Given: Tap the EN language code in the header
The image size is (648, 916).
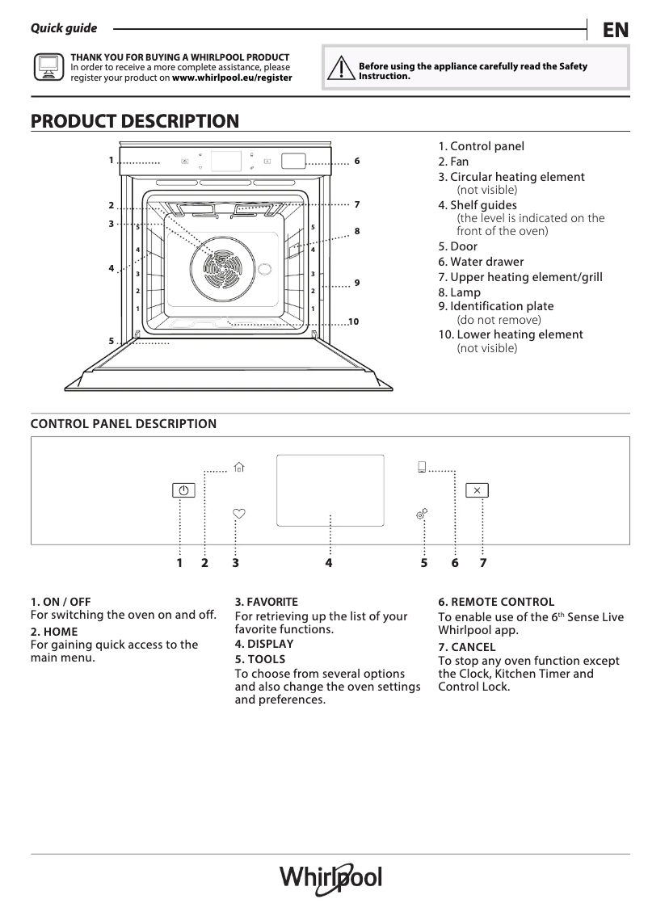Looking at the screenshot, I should [615, 30].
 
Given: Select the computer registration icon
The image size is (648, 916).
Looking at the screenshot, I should [48, 68].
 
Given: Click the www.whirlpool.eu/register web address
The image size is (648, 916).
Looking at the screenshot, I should [232, 78].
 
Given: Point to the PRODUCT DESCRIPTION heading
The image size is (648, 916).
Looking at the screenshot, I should [135, 121].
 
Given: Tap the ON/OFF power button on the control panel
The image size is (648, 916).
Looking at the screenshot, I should [183, 490].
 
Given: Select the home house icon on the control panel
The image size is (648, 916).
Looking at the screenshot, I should [238, 467].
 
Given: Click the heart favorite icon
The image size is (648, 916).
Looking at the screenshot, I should [238, 513].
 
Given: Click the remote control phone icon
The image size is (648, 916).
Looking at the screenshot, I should [422, 467].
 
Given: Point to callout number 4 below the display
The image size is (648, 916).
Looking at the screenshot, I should [329, 563].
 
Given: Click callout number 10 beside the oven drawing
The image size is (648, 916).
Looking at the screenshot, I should [353, 322].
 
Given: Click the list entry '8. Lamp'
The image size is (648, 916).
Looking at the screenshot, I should [459, 292].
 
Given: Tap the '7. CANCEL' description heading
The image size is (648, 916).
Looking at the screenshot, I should [466, 647].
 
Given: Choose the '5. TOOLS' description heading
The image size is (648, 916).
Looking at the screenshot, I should [259, 659].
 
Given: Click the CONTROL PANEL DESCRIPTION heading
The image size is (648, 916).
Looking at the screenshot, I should [124, 424].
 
